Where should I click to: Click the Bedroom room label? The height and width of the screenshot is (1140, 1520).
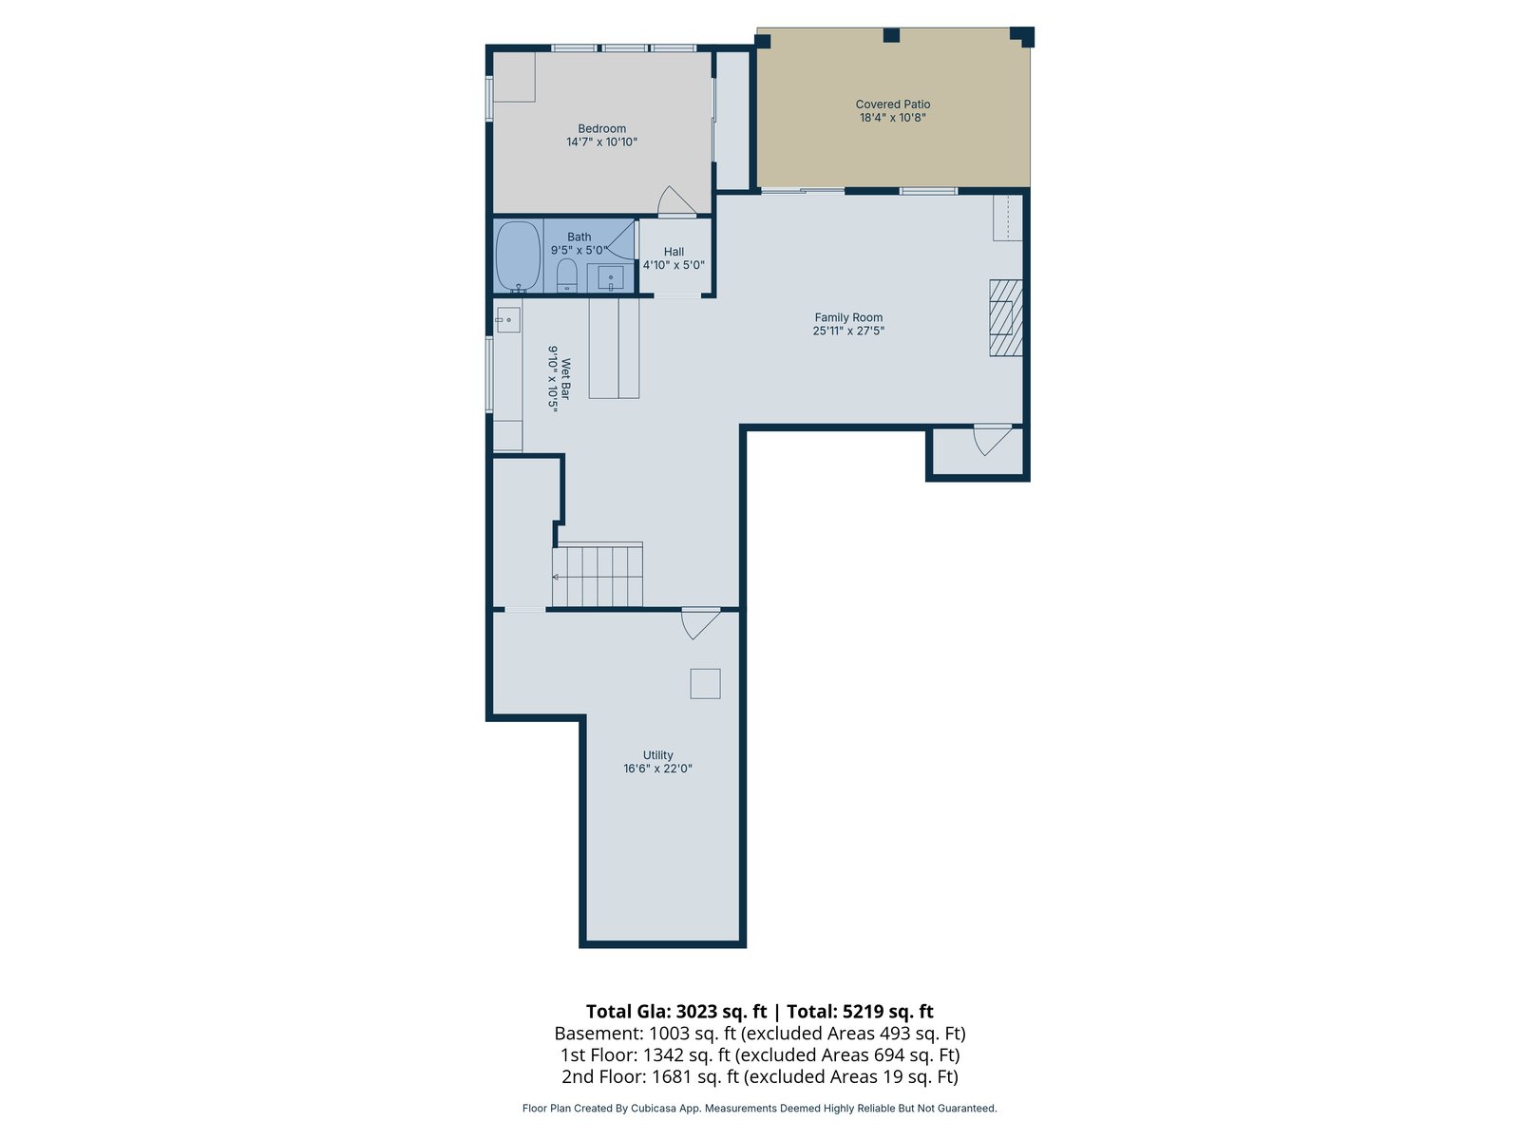coord(601,129)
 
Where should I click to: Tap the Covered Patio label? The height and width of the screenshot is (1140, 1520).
coord(893,104)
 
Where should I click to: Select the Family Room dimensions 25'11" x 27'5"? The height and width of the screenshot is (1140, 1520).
coord(848,331)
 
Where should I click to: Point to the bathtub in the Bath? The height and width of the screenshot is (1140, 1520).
coord(518,256)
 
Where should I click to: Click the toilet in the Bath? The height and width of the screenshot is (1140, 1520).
coord(567,275)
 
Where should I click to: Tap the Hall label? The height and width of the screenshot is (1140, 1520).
coord(674,252)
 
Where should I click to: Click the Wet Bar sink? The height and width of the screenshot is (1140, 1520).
coord(508,320)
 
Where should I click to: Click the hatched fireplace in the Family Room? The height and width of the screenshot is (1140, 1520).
coord(1005,317)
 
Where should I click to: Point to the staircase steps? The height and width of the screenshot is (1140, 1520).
coord(597,575)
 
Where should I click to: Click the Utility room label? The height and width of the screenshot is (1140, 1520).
coord(657,755)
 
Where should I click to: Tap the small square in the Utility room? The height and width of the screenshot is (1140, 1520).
coord(705,684)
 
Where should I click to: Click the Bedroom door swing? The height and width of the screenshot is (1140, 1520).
coord(676,200)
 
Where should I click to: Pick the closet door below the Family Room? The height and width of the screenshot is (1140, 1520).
coord(993,440)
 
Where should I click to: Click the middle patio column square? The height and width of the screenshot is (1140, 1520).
coord(891,35)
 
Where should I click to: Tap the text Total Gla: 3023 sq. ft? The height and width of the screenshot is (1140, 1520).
coord(676,1012)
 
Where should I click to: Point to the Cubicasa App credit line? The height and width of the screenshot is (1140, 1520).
coord(760,1108)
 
